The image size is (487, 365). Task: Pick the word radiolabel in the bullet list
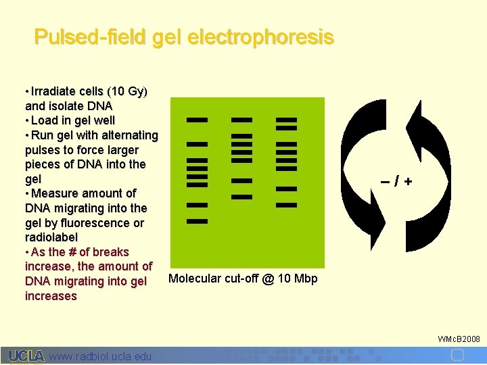[x=51, y=238]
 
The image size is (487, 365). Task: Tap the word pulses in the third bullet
[x=45, y=150]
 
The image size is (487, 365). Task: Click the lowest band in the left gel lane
[x=197, y=222]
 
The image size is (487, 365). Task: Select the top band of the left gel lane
[x=197, y=120]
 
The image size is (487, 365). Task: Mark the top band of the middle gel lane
[x=241, y=120]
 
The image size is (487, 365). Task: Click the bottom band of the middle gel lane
[x=241, y=197]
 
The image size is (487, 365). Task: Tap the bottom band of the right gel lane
[x=287, y=205]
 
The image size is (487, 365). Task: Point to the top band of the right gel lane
[x=287, y=120]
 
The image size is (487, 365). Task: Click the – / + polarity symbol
[x=396, y=182]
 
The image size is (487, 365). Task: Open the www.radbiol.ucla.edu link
[x=101, y=356]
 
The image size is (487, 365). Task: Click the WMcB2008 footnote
[x=459, y=338]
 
